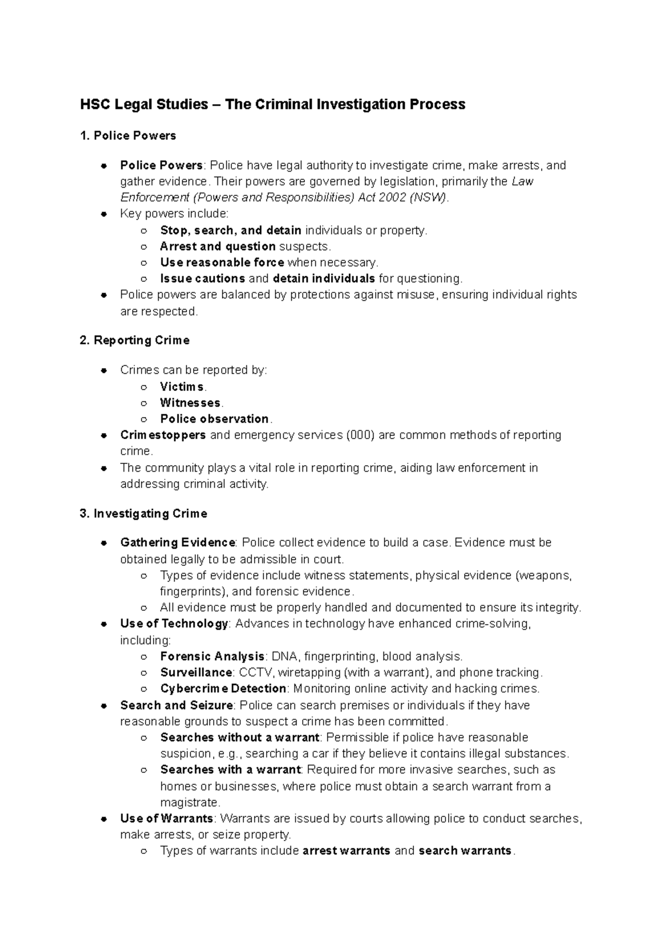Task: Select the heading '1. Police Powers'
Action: pyautogui.click(x=128, y=136)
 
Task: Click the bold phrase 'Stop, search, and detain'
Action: pyautogui.click(x=231, y=230)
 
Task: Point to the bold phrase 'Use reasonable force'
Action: pyautogui.click(x=222, y=262)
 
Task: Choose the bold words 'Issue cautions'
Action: pyautogui.click(x=203, y=279)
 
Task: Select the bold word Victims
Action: pyautogui.click(x=182, y=386)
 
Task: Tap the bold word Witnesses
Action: pyautogui.click(x=190, y=403)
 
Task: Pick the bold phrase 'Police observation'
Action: pyautogui.click(x=214, y=419)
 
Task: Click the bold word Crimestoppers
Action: pyautogui.click(x=163, y=435)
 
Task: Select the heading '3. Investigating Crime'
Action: pyautogui.click(x=143, y=514)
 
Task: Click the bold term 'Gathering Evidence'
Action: pyautogui.click(x=178, y=543)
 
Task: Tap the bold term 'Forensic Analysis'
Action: pyautogui.click(x=212, y=657)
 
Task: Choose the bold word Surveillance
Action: pyautogui.click(x=196, y=673)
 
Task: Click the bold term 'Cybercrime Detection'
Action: pyautogui.click(x=223, y=689)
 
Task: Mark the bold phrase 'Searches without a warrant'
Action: pyautogui.click(x=240, y=738)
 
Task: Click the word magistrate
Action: pyautogui.click(x=189, y=802)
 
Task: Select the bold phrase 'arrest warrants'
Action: pyautogui.click(x=346, y=851)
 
